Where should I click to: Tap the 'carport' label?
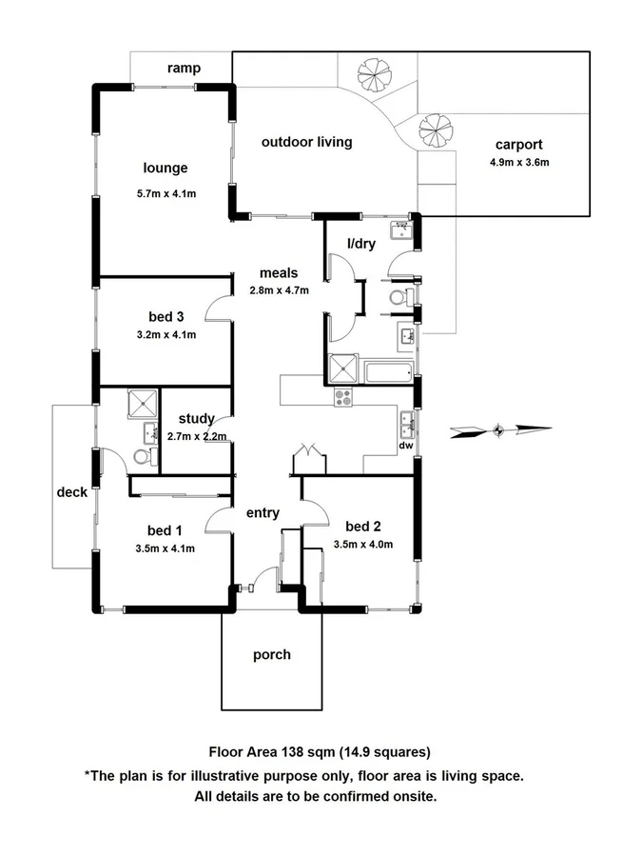(518, 145)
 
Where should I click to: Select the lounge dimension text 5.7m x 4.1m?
(165, 194)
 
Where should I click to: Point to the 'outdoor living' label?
(306, 142)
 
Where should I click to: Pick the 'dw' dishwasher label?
(406, 445)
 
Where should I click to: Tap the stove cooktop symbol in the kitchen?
(342, 397)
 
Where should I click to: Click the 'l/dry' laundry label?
(361, 244)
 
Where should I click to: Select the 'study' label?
(196, 418)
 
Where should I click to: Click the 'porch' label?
(272, 655)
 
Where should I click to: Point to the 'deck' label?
(71, 492)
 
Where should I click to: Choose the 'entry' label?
(263, 513)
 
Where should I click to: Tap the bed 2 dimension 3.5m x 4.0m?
(362, 545)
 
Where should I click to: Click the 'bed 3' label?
(165, 316)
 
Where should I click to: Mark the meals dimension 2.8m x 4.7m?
(279, 291)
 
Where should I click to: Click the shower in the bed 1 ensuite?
(143, 404)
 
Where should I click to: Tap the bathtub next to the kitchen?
(386, 370)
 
